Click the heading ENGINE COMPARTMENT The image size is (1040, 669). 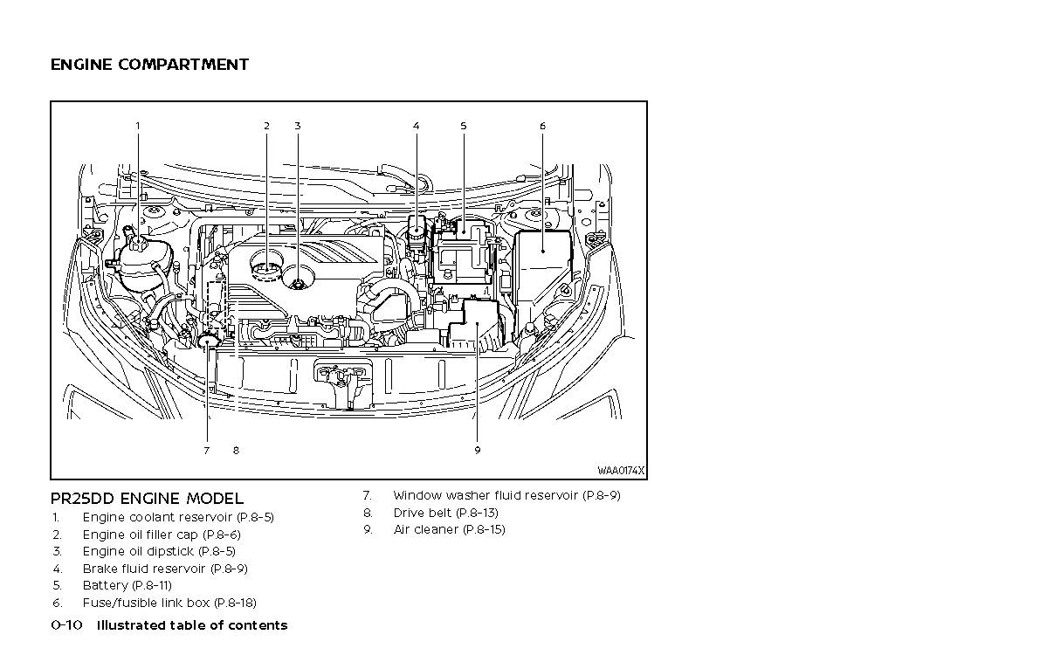[x=149, y=65]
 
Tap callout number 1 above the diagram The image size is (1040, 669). [x=137, y=126]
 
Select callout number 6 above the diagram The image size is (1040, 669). [x=542, y=126]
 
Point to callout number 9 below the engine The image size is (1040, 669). [x=478, y=451]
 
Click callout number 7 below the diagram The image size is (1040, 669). [x=206, y=451]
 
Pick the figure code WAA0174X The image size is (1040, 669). [x=621, y=471]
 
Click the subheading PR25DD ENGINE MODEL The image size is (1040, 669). [x=147, y=499]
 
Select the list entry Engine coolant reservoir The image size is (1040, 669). [x=177, y=517]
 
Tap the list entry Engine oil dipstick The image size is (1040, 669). [x=158, y=551]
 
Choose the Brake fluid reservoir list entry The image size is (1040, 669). [x=164, y=569]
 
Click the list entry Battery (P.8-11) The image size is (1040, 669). [x=127, y=585]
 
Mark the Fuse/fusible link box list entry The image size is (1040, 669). [x=169, y=603]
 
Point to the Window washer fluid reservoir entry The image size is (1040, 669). [x=506, y=495]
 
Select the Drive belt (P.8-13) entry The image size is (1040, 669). [x=445, y=513]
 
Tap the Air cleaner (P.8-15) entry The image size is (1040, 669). [x=449, y=529]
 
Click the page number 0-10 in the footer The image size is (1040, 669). [x=66, y=625]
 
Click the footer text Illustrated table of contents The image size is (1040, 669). [x=191, y=625]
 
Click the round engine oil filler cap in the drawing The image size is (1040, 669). [x=267, y=264]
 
